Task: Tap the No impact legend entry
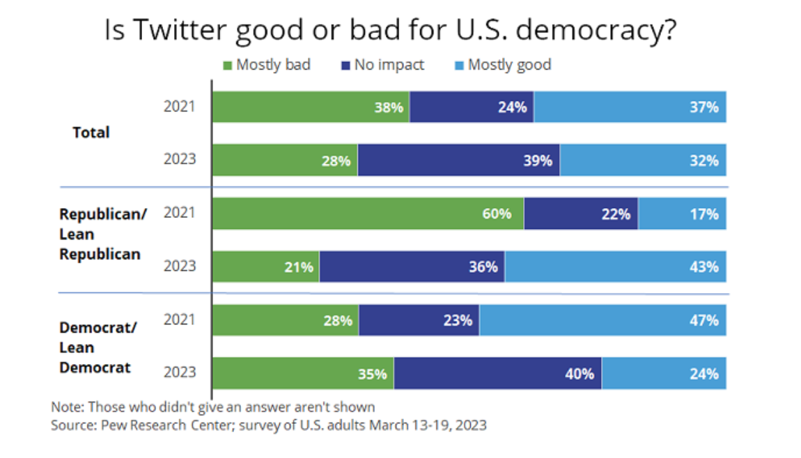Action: click(x=382, y=65)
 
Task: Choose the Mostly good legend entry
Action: click(x=503, y=65)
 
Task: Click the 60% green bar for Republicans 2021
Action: click(x=368, y=214)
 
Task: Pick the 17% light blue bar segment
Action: click(x=683, y=214)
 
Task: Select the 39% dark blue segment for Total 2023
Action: click(x=459, y=160)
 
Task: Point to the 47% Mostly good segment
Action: click(x=602, y=320)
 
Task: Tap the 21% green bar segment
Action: click(x=265, y=267)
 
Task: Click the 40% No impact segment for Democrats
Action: click(x=497, y=374)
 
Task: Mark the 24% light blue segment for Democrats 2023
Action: click(x=664, y=374)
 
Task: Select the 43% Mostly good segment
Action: click(x=616, y=267)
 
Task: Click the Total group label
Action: click(x=91, y=132)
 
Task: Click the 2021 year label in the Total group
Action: click(x=180, y=106)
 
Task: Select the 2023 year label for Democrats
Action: click(x=180, y=372)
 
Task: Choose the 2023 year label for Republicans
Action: click(x=180, y=265)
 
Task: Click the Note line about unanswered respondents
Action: click(x=213, y=407)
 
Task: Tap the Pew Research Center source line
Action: click(x=269, y=425)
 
